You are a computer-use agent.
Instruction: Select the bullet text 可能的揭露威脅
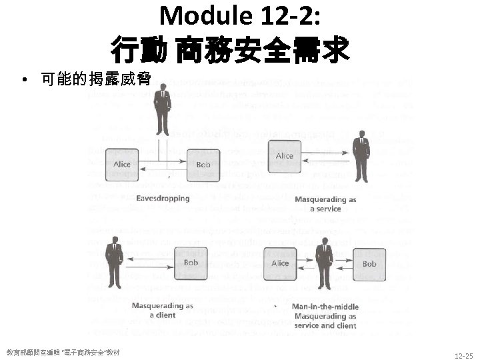pyautogui.click(x=95, y=80)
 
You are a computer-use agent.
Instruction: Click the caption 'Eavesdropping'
pyautogui.click(x=163, y=198)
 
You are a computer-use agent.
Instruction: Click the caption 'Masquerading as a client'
pyautogui.click(x=162, y=310)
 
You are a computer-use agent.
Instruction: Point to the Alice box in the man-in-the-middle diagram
pyautogui.click(x=280, y=263)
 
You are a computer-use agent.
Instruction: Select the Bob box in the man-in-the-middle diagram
pyautogui.click(x=369, y=263)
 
